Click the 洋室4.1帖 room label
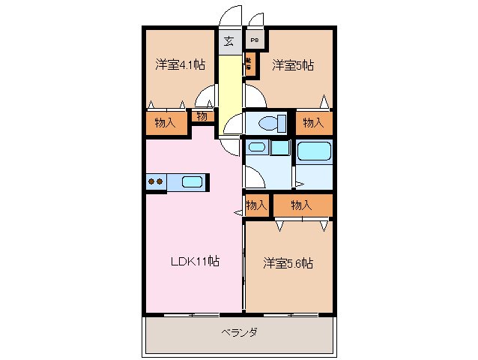click(x=180, y=65)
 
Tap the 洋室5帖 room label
click(x=292, y=65)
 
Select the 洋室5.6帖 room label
click(x=288, y=263)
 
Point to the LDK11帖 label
click(x=193, y=262)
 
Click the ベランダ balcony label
click(x=239, y=332)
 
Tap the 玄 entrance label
click(x=229, y=41)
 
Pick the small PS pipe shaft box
click(x=254, y=41)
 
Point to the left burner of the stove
click(x=151, y=181)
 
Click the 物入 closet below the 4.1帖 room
click(x=166, y=123)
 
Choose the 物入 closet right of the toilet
click(x=314, y=123)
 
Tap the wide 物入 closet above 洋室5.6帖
click(x=301, y=205)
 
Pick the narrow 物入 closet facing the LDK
click(x=256, y=205)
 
